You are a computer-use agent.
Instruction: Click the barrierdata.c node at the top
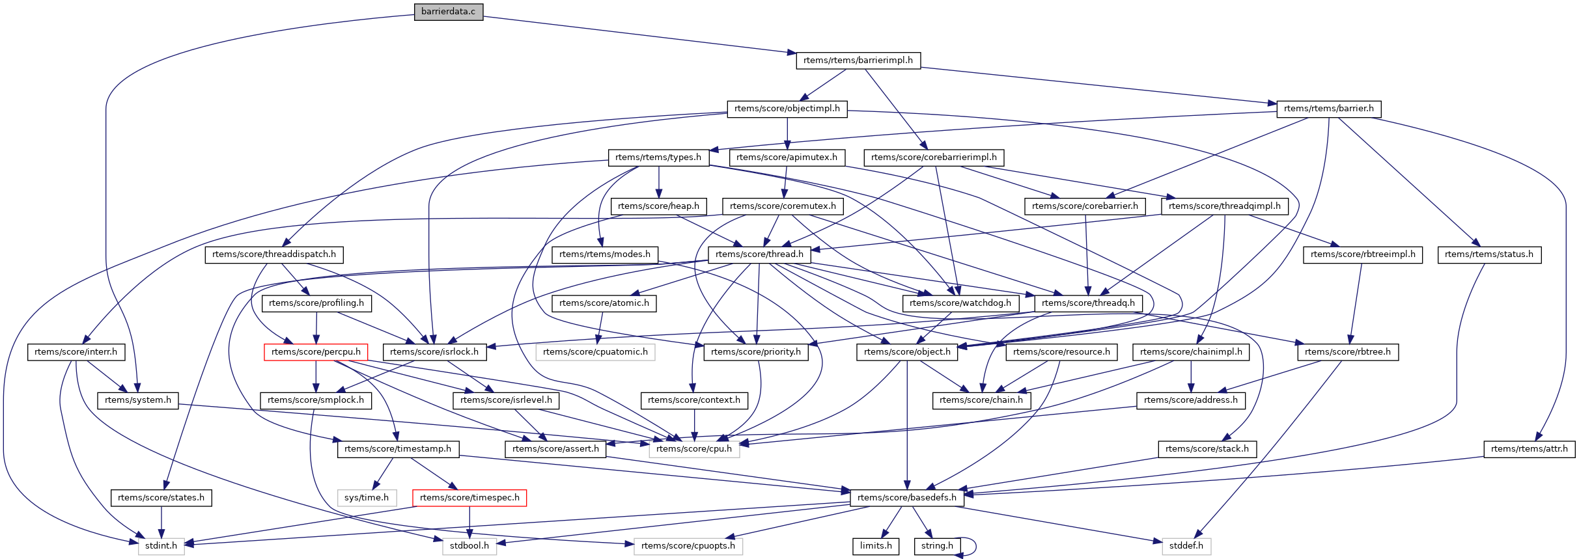tap(448, 12)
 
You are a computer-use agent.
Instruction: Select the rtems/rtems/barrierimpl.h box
tap(858, 61)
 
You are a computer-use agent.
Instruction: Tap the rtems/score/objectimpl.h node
tap(787, 109)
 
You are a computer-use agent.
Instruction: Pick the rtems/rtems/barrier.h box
tap(1328, 109)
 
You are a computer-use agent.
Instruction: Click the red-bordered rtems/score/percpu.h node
tap(316, 352)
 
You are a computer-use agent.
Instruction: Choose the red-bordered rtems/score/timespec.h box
tap(469, 498)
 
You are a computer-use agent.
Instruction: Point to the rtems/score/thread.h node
tap(759, 254)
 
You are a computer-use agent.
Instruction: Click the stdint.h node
tap(161, 546)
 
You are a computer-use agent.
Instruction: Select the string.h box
tap(937, 546)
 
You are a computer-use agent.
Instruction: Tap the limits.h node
tap(876, 546)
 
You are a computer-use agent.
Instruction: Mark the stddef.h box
tap(1186, 546)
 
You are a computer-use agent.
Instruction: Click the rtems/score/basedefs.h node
tap(906, 498)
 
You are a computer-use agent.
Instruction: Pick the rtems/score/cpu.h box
tap(694, 449)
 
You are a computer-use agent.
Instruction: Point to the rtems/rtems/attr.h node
tap(1529, 449)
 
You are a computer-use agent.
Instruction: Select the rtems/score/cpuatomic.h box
tap(595, 352)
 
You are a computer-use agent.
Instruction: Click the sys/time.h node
tap(367, 498)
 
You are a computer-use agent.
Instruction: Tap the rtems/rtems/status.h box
tap(1488, 254)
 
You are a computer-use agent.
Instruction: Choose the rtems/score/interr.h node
tap(76, 352)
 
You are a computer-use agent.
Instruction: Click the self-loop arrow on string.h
tap(974, 547)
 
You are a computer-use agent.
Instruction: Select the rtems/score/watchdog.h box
tap(960, 303)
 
